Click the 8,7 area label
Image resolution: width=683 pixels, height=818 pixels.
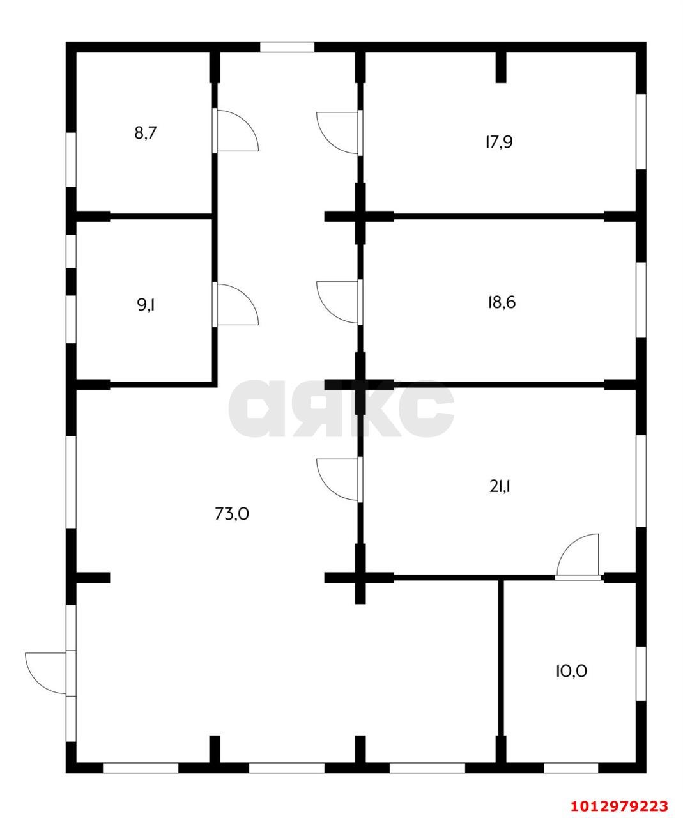146,134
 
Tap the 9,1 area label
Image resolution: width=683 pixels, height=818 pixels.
146,304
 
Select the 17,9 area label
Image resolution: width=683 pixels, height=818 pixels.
498,142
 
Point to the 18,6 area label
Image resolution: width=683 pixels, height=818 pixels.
501,302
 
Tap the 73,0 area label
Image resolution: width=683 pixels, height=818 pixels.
231,513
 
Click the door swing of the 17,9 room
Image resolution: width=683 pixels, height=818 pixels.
339,132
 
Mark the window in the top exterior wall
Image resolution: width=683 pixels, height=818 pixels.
287,47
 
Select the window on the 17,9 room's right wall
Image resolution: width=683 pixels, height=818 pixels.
641,132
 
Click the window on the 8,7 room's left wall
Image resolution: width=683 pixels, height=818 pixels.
72,160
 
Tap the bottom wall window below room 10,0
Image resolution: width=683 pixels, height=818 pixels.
571,768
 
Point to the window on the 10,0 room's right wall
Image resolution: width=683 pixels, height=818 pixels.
641,674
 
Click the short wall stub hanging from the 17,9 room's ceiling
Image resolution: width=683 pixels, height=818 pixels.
501,67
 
